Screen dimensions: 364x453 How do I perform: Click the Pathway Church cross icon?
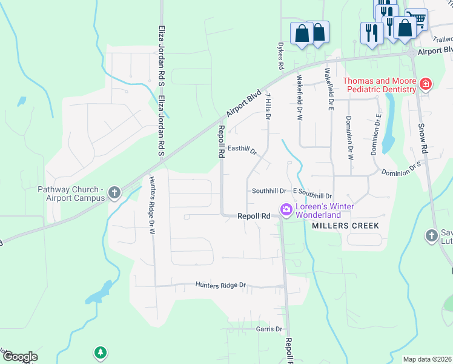coord(114,194)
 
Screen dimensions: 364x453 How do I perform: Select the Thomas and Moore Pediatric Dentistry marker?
coord(426,84)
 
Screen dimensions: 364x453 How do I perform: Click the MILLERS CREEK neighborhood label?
coord(345,226)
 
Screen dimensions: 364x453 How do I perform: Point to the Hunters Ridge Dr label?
coord(220,285)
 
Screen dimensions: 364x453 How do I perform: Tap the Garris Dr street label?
coord(269,329)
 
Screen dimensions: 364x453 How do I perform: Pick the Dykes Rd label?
coord(281,55)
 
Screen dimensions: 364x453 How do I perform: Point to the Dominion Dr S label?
coord(401,169)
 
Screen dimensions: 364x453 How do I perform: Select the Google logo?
coord(19,357)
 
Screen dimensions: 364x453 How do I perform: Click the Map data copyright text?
coord(427,359)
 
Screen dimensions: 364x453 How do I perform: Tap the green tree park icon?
coord(100,352)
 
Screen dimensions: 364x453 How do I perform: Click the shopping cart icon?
coord(416,19)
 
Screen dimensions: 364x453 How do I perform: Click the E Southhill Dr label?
coord(312,195)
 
